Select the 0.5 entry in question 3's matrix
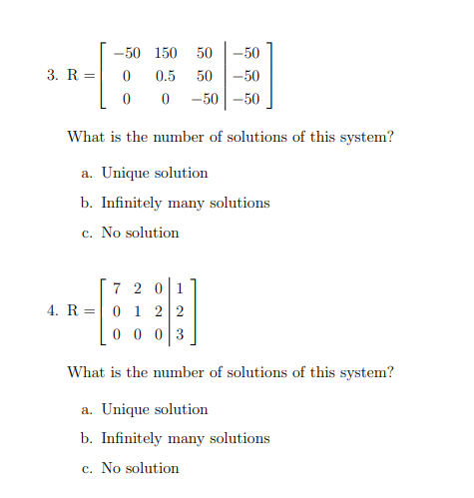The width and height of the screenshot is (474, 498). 167,76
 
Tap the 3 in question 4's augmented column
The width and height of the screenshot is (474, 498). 180,334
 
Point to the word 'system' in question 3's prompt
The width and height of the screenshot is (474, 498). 367,137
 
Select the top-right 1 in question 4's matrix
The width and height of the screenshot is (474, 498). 180,288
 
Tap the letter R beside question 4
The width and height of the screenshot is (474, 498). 73,311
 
